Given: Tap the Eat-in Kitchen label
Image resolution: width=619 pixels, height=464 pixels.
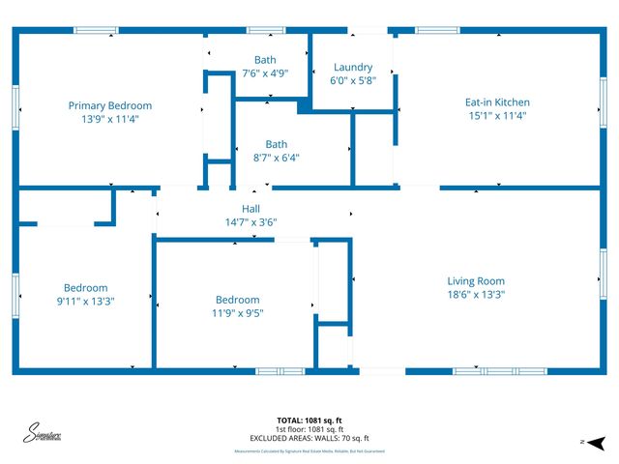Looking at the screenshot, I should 498,101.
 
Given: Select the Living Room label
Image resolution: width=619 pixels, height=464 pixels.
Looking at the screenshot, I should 475,280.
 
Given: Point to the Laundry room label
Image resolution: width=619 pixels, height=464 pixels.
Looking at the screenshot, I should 353,67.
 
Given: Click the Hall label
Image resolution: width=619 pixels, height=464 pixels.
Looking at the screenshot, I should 251,209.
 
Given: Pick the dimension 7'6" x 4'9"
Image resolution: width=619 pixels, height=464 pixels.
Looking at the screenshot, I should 264,72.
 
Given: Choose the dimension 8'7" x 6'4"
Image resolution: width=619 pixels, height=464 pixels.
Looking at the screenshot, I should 277,157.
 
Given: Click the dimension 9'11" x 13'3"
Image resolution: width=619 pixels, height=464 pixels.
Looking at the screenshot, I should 85,300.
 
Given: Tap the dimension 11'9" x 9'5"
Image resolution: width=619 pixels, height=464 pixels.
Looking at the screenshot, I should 237,312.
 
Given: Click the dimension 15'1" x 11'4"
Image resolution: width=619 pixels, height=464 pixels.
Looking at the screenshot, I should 498,114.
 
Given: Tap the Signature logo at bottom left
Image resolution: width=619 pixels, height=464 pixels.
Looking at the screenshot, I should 44,433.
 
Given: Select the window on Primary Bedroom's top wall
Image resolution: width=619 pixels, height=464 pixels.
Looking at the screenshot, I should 97,31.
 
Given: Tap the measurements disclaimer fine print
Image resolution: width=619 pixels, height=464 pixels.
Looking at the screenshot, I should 309,451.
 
